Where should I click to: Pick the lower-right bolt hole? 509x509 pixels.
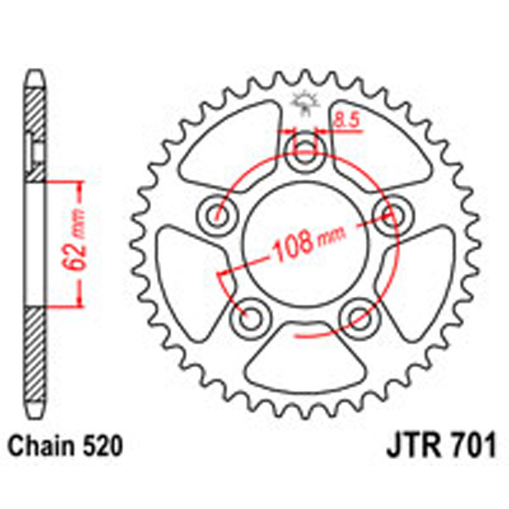coord(356,316)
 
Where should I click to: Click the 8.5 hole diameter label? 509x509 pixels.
coord(345,121)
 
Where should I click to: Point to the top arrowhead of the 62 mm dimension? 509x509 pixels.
coord(81,186)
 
